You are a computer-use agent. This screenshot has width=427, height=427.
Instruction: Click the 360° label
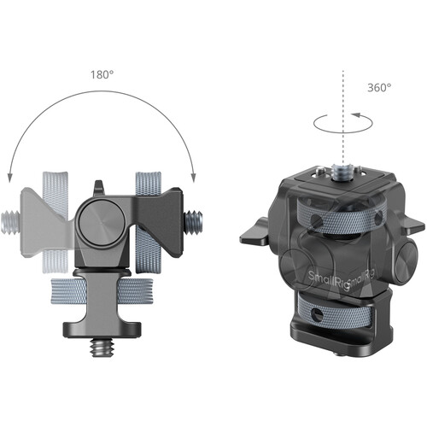(378, 87)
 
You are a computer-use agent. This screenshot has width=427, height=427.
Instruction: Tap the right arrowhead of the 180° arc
(194, 175)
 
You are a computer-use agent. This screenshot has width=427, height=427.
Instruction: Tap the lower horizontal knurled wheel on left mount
(102, 290)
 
